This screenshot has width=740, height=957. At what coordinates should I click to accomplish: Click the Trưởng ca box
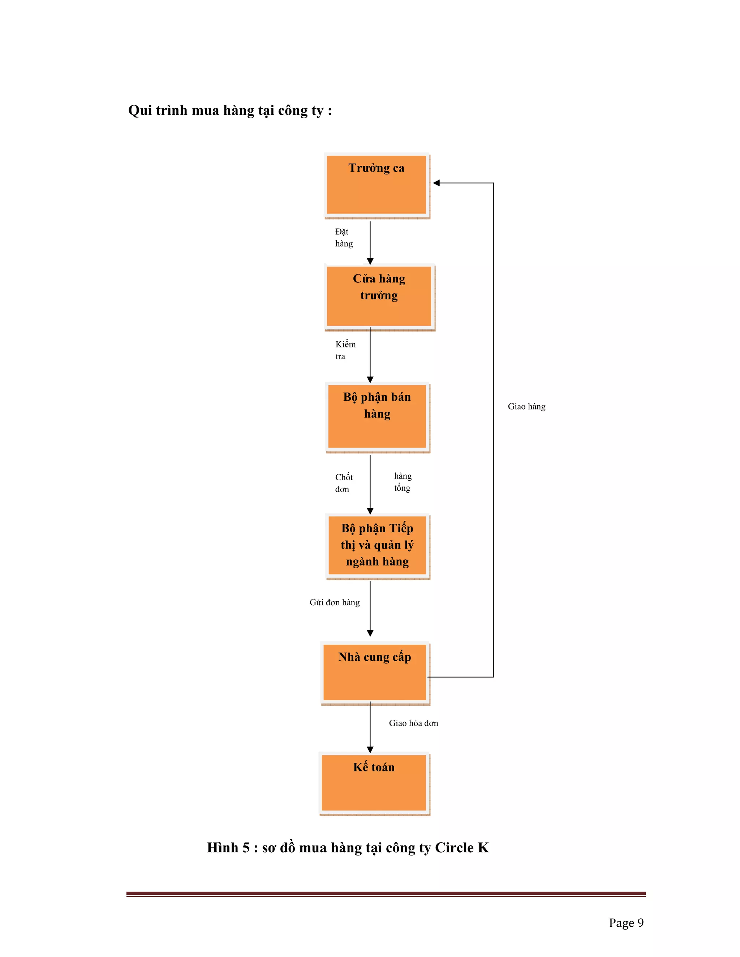click(376, 185)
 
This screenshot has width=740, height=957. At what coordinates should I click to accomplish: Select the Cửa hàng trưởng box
click(379, 296)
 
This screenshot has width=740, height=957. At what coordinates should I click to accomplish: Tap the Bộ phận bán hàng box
click(377, 416)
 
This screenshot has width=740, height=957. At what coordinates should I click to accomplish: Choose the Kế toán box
click(374, 783)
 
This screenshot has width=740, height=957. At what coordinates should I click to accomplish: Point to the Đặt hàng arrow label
click(344, 238)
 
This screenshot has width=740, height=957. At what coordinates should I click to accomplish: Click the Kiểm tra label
click(345, 350)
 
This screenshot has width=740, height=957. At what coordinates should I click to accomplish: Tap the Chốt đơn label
click(344, 483)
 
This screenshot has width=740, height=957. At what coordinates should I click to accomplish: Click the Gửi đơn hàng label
click(335, 602)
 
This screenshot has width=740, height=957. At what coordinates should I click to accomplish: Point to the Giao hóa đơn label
click(413, 723)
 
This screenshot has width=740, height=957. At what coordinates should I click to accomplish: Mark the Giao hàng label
click(526, 407)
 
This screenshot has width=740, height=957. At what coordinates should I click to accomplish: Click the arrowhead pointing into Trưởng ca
click(436, 183)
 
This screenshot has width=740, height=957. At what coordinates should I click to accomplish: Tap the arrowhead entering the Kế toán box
click(370, 750)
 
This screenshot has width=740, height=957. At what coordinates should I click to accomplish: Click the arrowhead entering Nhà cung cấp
click(370, 633)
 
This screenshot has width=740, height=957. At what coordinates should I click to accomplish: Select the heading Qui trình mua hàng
click(230, 111)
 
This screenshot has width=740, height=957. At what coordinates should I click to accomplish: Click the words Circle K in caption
click(462, 848)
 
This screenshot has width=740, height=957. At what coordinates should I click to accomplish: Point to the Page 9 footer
click(626, 923)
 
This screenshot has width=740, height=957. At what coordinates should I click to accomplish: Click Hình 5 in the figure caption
click(228, 848)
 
